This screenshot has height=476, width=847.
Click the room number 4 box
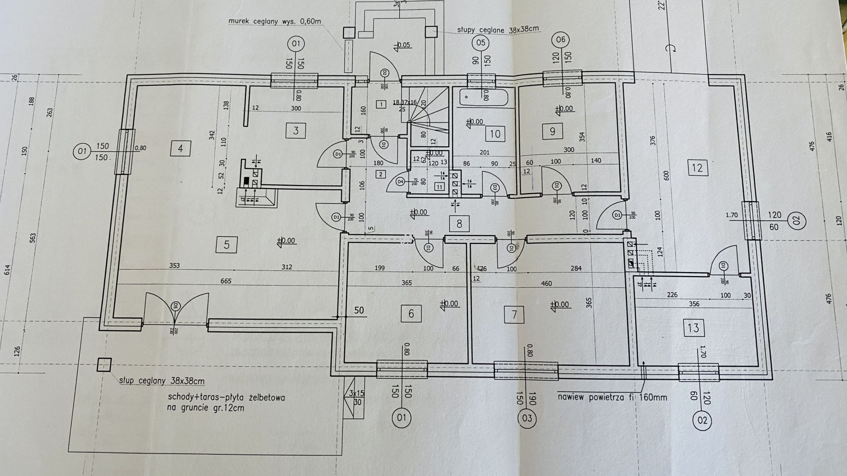click(x=180, y=149)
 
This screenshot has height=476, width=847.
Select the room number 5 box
click(x=226, y=245)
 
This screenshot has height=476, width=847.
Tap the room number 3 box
click(x=296, y=130)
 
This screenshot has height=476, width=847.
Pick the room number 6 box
click(x=411, y=314)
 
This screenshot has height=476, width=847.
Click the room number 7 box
click(x=513, y=315)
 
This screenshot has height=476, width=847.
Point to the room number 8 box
click(x=459, y=224)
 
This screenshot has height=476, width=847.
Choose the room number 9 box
click(x=552, y=131)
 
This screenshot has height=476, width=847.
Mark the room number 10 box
click(x=495, y=133)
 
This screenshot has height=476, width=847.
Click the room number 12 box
click(x=697, y=167)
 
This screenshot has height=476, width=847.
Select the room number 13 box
click(x=693, y=328)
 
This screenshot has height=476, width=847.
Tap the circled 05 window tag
click(x=481, y=43)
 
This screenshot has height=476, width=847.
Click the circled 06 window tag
click(x=561, y=40)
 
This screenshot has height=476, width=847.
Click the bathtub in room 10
click(x=484, y=97)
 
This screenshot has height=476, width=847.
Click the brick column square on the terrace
click(x=104, y=365)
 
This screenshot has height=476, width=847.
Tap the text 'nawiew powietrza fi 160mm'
click(x=612, y=398)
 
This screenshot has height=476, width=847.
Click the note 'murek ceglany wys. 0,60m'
click(x=276, y=21)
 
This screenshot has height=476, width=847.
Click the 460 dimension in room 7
click(x=546, y=283)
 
